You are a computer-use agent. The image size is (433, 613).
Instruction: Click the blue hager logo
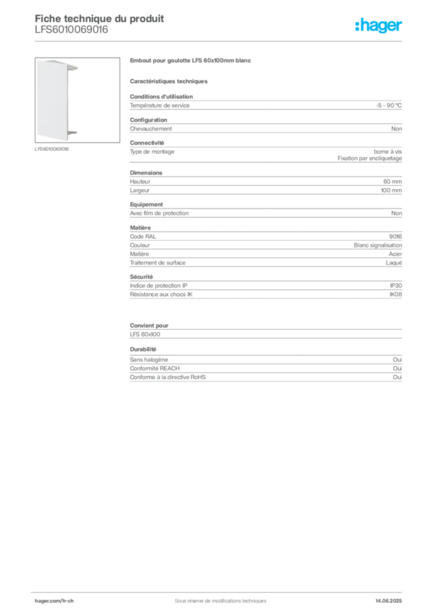tap(379, 26)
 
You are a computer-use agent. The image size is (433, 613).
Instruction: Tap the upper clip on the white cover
tap(75, 68)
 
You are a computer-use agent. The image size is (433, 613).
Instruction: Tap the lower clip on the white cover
tap(73, 134)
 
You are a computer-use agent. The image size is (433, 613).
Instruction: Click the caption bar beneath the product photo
tap(53, 148)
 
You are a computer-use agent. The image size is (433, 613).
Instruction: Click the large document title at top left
tap(99, 18)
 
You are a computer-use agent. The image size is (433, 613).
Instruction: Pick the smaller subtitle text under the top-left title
tap(72, 33)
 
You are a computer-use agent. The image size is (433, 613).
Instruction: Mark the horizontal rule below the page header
tap(220, 41)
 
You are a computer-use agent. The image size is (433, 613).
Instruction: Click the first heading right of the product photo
tap(191, 62)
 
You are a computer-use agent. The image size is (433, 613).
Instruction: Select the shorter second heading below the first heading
tap(169, 80)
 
